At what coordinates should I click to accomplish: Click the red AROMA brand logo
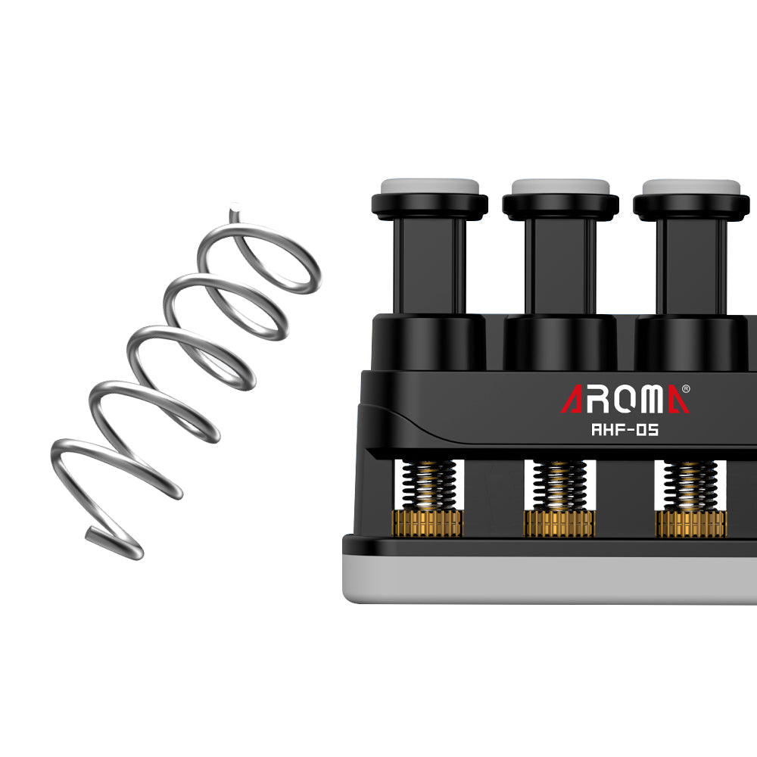(625, 399)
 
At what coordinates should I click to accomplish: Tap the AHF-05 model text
(625, 429)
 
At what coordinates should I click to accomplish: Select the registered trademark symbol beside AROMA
(685, 388)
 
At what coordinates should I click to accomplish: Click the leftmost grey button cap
(430, 186)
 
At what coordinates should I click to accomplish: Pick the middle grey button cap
(560, 186)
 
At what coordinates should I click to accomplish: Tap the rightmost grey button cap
(691, 186)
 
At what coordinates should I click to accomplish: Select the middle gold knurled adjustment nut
(559, 523)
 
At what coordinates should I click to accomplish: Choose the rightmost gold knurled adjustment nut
(690, 523)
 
